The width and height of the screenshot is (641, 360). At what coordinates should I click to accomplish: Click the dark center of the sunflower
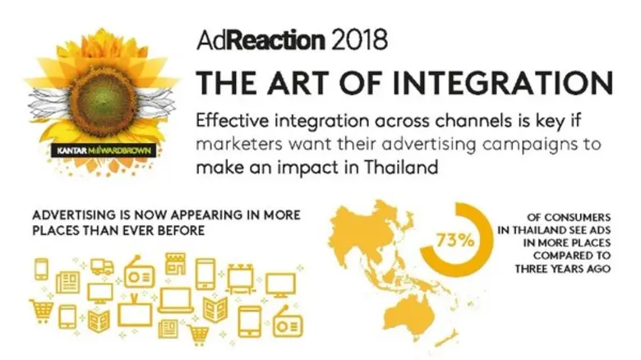tap(102, 98)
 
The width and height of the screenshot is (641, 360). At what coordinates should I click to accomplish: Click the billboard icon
tap(239, 279)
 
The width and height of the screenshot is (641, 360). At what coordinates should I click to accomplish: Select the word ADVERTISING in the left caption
tap(76, 215)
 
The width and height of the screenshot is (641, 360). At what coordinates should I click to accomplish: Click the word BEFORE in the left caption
tap(176, 231)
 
